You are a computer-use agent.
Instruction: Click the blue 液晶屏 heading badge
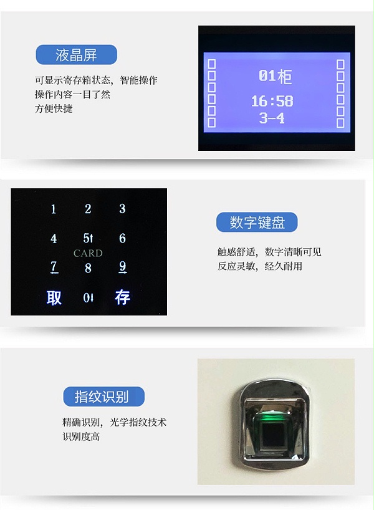click(76, 55)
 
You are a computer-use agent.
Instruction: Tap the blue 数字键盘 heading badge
click(256, 223)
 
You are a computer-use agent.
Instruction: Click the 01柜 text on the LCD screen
click(275, 76)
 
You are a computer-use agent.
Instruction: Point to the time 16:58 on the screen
click(272, 101)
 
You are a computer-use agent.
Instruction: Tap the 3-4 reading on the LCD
click(272, 118)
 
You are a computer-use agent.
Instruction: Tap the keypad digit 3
click(122, 209)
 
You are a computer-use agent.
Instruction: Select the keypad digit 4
click(54, 238)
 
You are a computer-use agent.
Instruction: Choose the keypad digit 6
click(122, 238)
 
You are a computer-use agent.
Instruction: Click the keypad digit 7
click(54, 267)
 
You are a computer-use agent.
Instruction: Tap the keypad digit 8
click(88, 268)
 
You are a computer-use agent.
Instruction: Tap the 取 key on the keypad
click(54, 298)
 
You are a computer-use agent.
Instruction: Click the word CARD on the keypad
click(88, 253)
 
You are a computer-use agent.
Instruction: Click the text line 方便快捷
click(54, 108)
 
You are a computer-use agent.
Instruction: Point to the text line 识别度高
click(81, 436)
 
